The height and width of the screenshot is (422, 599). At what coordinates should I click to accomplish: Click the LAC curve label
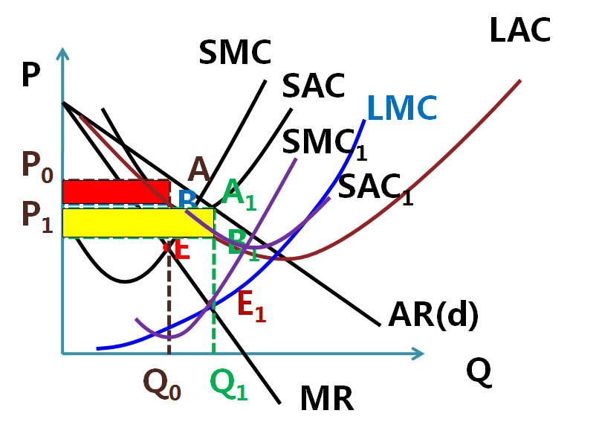520,31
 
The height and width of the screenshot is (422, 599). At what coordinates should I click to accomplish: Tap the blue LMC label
402,109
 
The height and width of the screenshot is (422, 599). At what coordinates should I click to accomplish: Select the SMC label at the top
235,53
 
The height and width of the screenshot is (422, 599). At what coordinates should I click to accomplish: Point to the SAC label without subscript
314,86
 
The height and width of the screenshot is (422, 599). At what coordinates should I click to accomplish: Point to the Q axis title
479,371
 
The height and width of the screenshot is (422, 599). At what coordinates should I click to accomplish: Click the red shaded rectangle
116,191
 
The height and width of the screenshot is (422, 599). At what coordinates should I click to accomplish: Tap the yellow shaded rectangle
138,223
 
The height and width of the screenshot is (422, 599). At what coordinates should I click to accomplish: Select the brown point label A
198,170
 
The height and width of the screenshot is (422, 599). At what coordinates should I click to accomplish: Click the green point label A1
239,196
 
